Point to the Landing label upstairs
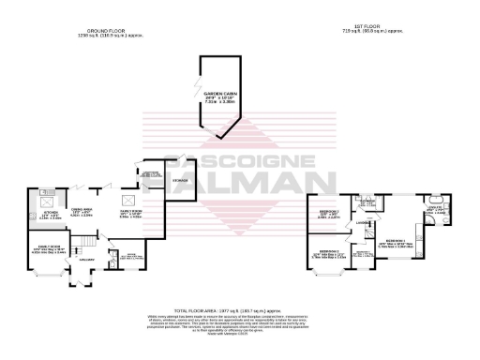pyautogui.click(x=360, y=222)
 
